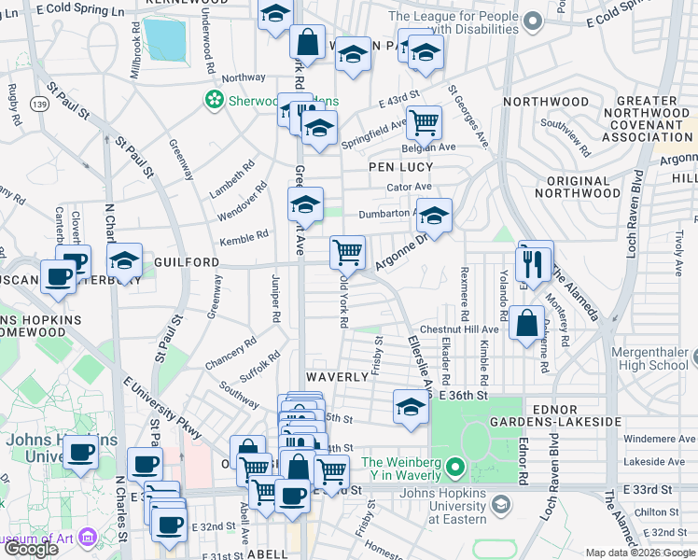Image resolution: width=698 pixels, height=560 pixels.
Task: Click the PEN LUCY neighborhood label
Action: tap(400, 167)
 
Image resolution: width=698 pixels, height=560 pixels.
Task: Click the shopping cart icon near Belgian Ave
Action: tap(424, 120)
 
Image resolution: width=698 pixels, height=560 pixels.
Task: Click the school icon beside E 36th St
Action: tap(410, 406)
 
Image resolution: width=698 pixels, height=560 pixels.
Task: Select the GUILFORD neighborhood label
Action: tap(188, 263)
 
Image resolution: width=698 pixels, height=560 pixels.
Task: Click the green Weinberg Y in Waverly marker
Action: tap(454, 465)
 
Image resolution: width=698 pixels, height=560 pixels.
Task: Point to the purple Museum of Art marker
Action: tap(89, 537)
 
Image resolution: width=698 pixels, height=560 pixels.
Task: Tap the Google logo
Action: tap(31, 549)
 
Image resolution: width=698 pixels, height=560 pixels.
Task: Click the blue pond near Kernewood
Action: tap(166, 38)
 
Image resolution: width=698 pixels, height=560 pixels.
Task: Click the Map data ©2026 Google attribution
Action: tap(639, 553)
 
